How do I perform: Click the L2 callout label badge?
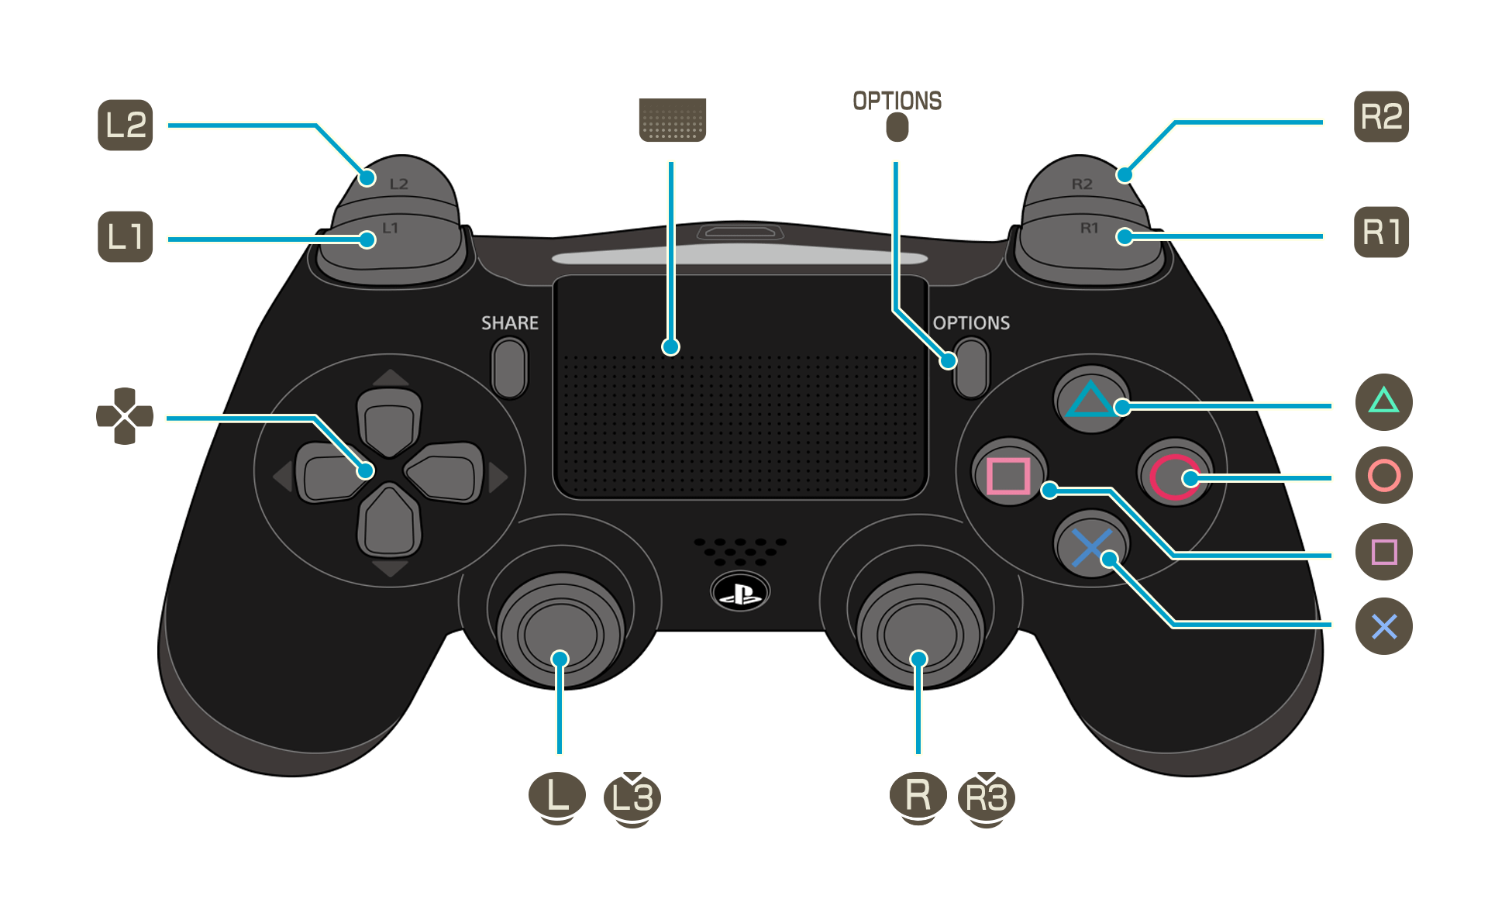pyautogui.click(x=126, y=126)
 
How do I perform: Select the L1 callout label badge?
pyautogui.click(x=126, y=236)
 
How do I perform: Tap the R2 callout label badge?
pyautogui.click(x=1381, y=117)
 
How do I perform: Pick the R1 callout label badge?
pyautogui.click(x=1381, y=232)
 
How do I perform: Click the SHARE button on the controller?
pyautogui.click(x=509, y=368)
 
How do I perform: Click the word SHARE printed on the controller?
pyautogui.click(x=509, y=323)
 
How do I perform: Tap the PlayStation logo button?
pyautogui.click(x=740, y=594)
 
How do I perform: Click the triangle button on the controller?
pyautogui.click(x=1091, y=398)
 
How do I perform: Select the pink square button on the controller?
pyautogui.click(x=1008, y=475)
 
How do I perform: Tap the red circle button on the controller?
pyautogui.click(x=1174, y=476)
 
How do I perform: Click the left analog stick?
pyautogui.click(x=560, y=634)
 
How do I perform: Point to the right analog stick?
pyautogui.click(x=919, y=634)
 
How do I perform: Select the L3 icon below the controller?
pyautogui.click(x=632, y=798)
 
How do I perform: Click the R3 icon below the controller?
pyautogui.click(x=986, y=798)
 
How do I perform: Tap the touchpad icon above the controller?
pyautogui.click(x=672, y=120)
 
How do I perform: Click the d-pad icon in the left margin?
pyautogui.click(x=125, y=416)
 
